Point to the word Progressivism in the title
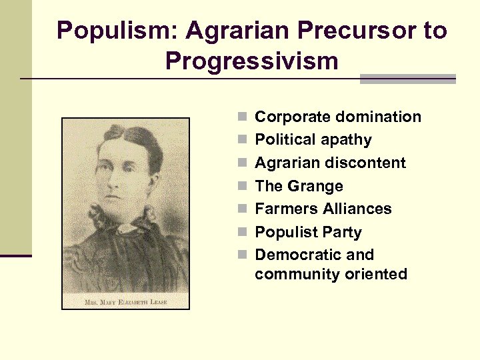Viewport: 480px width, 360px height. pos(252,61)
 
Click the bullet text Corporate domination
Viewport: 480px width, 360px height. pos(338,117)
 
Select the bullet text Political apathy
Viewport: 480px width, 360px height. pos(313,140)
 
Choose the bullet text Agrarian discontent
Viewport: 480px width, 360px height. pos(330,163)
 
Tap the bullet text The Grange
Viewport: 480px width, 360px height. pos(299,186)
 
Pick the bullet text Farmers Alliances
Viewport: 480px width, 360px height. pos(323,209)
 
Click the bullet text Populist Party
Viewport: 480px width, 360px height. pos(308,232)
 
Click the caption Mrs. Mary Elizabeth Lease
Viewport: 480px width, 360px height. pos(125,301)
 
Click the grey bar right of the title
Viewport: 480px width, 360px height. pos(407,79)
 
